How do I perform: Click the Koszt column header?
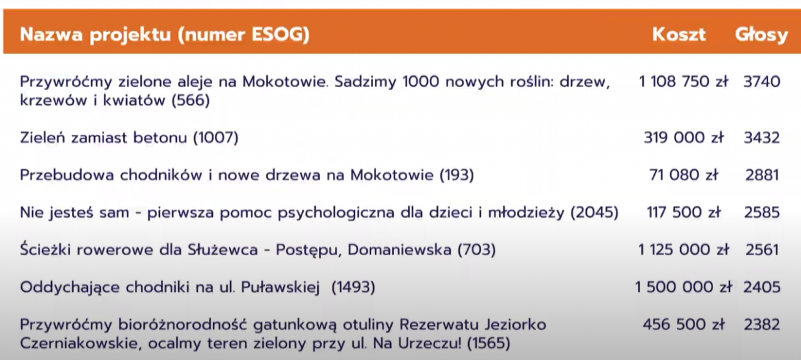[x=679, y=35]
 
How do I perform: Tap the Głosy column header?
[x=762, y=35]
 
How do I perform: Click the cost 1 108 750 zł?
[x=684, y=81]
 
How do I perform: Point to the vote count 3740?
[x=762, y=81]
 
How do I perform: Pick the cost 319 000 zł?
[x=684, y=138]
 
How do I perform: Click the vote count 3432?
[x=762, y=138]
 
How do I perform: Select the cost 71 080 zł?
[x=684, y=175]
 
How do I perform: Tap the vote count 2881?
[x=762, y=175]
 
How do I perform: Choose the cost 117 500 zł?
[x=684, y=212]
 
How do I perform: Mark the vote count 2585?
[x=762, y=212]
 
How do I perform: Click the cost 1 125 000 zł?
[x=684, y=249]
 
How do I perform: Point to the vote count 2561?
[x=762, y=249]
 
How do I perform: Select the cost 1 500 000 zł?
[x=684, y=287]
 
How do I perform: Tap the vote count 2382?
[x=762, y=325]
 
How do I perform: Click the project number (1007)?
[x=216, y=138]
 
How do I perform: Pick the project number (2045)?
[x=594, y=212]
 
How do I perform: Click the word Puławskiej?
[x=280, y=287]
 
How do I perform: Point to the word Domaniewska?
[x=399, y=249]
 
